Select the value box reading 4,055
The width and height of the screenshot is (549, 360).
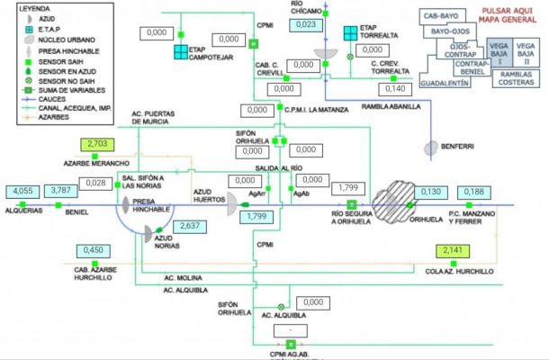coord(23,190)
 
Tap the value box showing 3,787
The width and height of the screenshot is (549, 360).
coord(61,190)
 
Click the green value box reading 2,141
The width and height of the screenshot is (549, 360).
coord(452,250)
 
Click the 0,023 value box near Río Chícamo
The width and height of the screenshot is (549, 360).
coord(306,24)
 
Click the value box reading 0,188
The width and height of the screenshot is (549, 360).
coord(474,192)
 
